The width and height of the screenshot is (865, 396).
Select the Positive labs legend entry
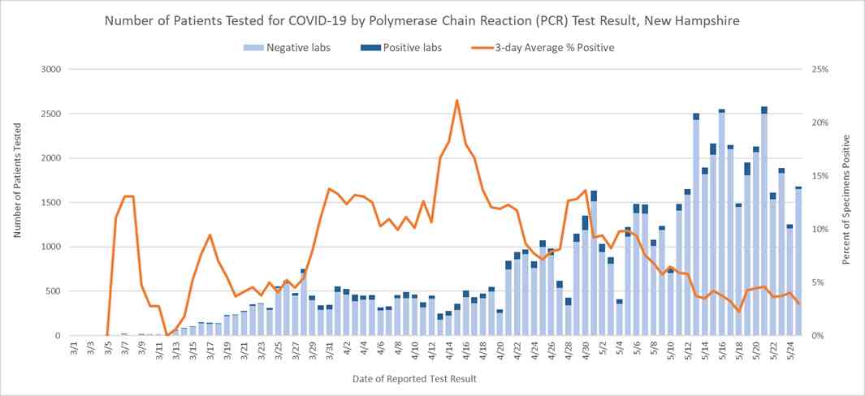[x=404, y=48]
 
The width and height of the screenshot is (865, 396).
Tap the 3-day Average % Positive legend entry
[x=543, y=48]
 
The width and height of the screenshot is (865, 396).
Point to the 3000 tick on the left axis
[x=50, y=70]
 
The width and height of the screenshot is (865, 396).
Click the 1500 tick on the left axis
[x=50, y=203]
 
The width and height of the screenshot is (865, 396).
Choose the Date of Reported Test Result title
[x=414, y=379]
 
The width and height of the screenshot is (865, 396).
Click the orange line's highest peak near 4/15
[x=457, y=101]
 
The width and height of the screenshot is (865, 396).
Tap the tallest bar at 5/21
[x=763, y=219]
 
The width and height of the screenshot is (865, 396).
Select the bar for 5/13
[x=696, y=227]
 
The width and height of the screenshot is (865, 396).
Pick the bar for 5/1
[x=594, y=264]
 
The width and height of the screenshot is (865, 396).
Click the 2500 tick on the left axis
[x=50, y=114]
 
